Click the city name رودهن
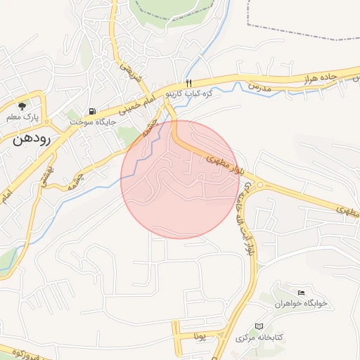tap(31, 139)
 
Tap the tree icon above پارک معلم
tap(22, 106)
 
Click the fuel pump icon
tap(93, 112)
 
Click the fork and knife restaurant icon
tap(187, 83)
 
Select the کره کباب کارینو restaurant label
tap(184, 93)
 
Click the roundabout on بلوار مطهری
tap(260, 186)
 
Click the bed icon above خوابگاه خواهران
tap(302, 292)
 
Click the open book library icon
tap(259, 327)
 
